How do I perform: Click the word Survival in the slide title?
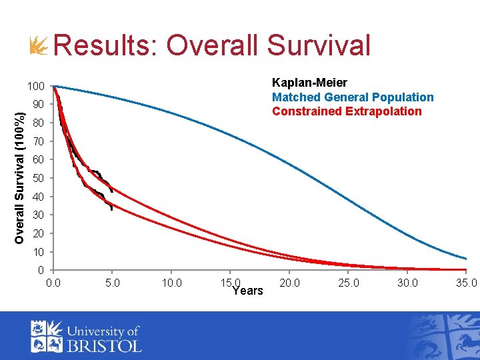point(318,46)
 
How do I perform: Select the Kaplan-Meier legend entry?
point(309,83)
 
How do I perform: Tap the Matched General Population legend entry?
point(353,97)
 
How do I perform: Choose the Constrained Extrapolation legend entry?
point(347,111)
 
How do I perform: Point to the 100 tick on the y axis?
point(35,87)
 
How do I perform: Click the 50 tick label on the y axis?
point(38,179)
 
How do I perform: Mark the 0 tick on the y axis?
point(41,270)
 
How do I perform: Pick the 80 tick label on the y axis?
point(38,123)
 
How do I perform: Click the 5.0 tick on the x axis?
point(113,283)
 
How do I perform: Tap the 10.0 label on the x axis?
point(171,283)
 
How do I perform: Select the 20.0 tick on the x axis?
point(289,283)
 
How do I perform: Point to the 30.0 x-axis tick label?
point(407,283)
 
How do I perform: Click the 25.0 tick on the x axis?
point(349,283)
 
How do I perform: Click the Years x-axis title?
point(247,291)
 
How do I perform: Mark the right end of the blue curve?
point(465,259)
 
